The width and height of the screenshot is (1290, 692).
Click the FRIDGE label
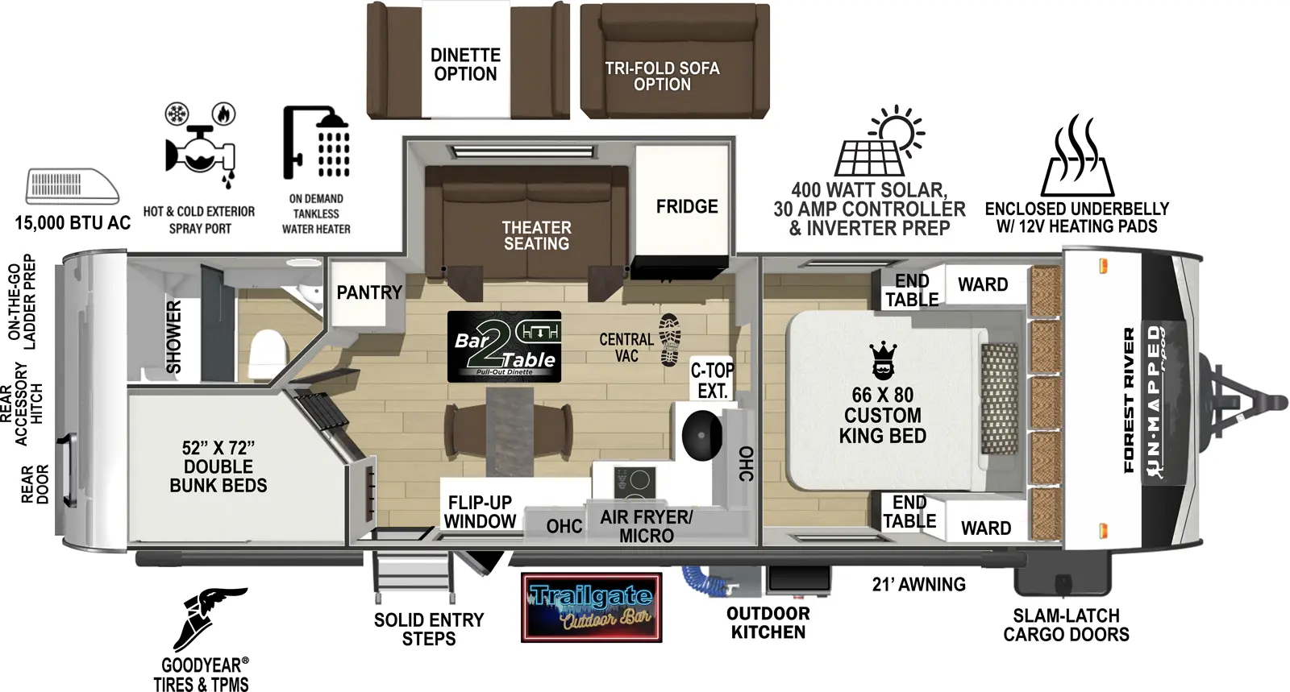pos(686,207)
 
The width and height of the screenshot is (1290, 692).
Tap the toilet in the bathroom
pos(268,354)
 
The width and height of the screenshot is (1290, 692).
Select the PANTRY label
pos(368,292)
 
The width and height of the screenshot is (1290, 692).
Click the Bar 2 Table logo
pos(504,346)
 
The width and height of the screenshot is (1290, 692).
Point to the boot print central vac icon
pos(670,340)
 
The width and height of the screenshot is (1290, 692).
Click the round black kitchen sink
pos(701,435)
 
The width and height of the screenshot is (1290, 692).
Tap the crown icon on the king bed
pos(883,361)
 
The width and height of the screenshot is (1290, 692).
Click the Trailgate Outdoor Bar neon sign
pos(591,607)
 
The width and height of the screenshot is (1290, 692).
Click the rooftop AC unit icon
pos(73,186)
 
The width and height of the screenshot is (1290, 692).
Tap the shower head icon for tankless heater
pos(317,143)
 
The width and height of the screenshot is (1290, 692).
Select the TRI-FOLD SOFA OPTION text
pos(662,76)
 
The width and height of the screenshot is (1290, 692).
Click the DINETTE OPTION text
pos(465,64)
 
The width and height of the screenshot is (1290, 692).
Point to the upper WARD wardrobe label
pos(982,284)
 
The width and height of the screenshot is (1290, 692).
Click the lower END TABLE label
pos(909,512)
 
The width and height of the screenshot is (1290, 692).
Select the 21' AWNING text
pos(918,585)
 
